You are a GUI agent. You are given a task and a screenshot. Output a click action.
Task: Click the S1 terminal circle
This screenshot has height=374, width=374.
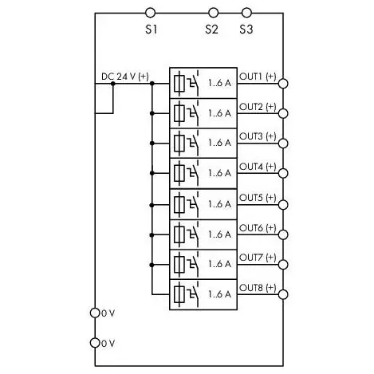(150, 13)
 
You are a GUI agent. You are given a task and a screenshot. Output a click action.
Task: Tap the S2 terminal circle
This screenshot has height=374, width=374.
(213, 13)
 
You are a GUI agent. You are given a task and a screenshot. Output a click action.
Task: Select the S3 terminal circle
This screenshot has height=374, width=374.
(246, 13)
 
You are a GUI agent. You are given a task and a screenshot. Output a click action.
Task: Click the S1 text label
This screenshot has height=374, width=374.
(152, 30)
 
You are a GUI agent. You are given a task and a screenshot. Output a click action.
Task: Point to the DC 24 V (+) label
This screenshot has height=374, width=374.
(125, 77)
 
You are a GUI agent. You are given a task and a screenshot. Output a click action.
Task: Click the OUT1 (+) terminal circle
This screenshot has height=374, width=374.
(283, 84)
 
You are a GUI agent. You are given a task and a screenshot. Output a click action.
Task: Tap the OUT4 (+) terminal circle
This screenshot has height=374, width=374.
(283, 173)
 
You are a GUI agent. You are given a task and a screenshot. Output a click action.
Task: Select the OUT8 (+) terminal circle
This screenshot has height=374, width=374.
(283, 294)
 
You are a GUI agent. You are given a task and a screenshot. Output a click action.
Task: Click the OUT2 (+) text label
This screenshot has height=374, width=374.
(258, 107)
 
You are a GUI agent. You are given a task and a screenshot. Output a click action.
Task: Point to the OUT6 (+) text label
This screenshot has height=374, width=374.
(258, 228)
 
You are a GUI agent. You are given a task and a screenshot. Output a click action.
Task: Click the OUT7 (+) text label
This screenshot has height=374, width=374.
(258, 258)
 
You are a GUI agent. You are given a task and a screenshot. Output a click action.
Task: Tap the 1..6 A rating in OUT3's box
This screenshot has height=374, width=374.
(219, 144)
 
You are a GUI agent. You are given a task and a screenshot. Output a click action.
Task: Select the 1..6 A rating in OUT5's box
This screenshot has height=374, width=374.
(219, 204)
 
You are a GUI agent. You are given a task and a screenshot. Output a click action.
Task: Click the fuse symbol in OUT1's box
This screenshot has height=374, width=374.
(179, 84)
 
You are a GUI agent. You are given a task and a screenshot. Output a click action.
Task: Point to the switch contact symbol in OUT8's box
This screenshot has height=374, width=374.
(194, 293)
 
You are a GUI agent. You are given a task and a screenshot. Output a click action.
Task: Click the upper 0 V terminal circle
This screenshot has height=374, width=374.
(95, 313)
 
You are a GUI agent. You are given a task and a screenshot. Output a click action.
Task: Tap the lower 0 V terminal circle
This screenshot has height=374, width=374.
(95, 343)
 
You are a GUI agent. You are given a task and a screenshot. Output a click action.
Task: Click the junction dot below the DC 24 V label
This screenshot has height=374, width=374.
(113, 84)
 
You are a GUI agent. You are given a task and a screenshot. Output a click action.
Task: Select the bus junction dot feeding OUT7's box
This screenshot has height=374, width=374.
(152, 265)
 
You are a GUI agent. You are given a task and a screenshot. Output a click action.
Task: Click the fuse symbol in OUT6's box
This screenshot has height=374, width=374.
(179, 234)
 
